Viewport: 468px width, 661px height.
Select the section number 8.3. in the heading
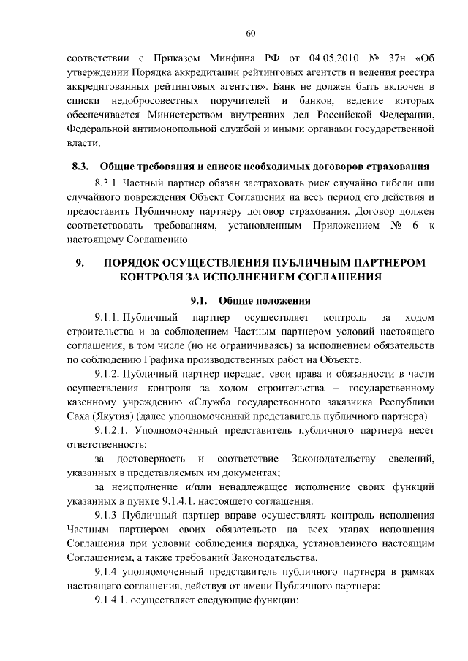pyautogui.click(x=80, y=167)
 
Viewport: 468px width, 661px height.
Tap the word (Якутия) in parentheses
pyautogui.click(x=94, y=416)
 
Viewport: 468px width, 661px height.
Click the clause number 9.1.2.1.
pyautogui.click(x=113, y=431)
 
